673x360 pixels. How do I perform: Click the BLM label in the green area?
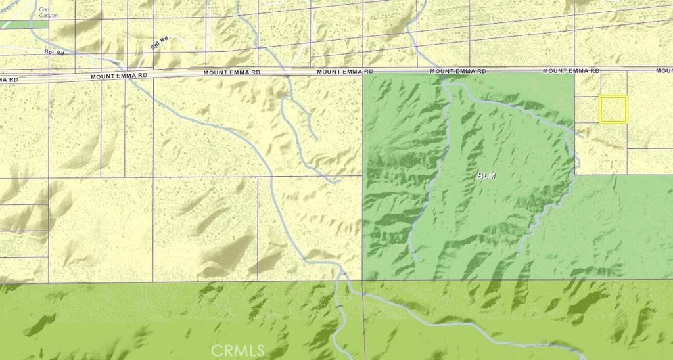(487, 176)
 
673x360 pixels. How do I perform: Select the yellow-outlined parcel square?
(613, 109)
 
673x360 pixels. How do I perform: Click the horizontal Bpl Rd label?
(54, 51)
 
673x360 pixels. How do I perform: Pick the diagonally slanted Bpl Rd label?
(160, 43)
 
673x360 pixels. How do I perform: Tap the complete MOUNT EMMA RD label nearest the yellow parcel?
(572, 70)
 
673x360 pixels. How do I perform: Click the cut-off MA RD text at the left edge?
(9, 79)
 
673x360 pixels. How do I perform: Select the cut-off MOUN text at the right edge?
(664, 70)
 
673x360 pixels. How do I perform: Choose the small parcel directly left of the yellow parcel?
(587, 110)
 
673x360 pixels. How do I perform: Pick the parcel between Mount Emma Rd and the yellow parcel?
(614, 84)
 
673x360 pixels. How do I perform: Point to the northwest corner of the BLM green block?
(363, 76)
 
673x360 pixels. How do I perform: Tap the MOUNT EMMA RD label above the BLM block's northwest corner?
(345, 72)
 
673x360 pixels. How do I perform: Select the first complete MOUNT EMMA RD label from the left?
(119, 76)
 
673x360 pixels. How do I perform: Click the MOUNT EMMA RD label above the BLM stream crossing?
(458, 70)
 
